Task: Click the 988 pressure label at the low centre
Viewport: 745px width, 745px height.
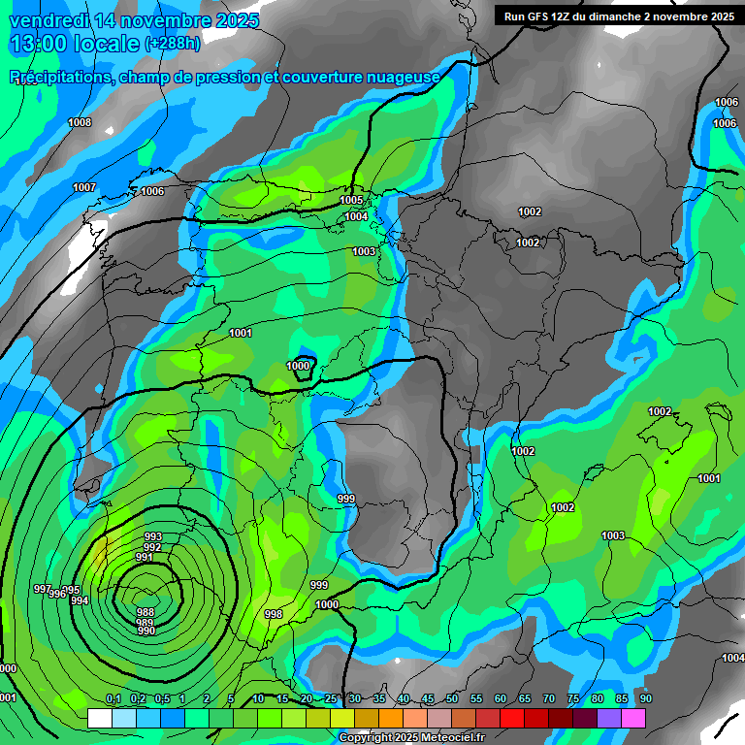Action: coord(146,612)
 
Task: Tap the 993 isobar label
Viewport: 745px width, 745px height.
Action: coord(152,536)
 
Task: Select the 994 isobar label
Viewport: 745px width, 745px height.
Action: coord(80,601)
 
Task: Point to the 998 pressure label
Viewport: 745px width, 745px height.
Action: coord(274,614)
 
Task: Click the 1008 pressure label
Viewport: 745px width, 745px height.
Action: coord(80,122)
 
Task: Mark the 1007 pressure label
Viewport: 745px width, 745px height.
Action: coord(84,187)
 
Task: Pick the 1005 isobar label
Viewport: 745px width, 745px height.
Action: coord(351,200)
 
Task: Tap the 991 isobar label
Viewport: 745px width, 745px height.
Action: coord(145,558)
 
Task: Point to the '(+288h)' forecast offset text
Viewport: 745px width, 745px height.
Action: coord(173,44)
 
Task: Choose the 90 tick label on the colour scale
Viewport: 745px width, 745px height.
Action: coord(645,699)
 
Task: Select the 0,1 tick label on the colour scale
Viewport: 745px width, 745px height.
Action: coord(113,699)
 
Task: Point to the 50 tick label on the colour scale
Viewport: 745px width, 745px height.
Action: coord(452,699)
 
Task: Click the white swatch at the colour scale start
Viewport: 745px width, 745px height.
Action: coord(99,718)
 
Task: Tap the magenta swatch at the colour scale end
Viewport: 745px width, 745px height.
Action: coord(633,718)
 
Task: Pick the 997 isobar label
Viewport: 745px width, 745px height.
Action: coord(42,589)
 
